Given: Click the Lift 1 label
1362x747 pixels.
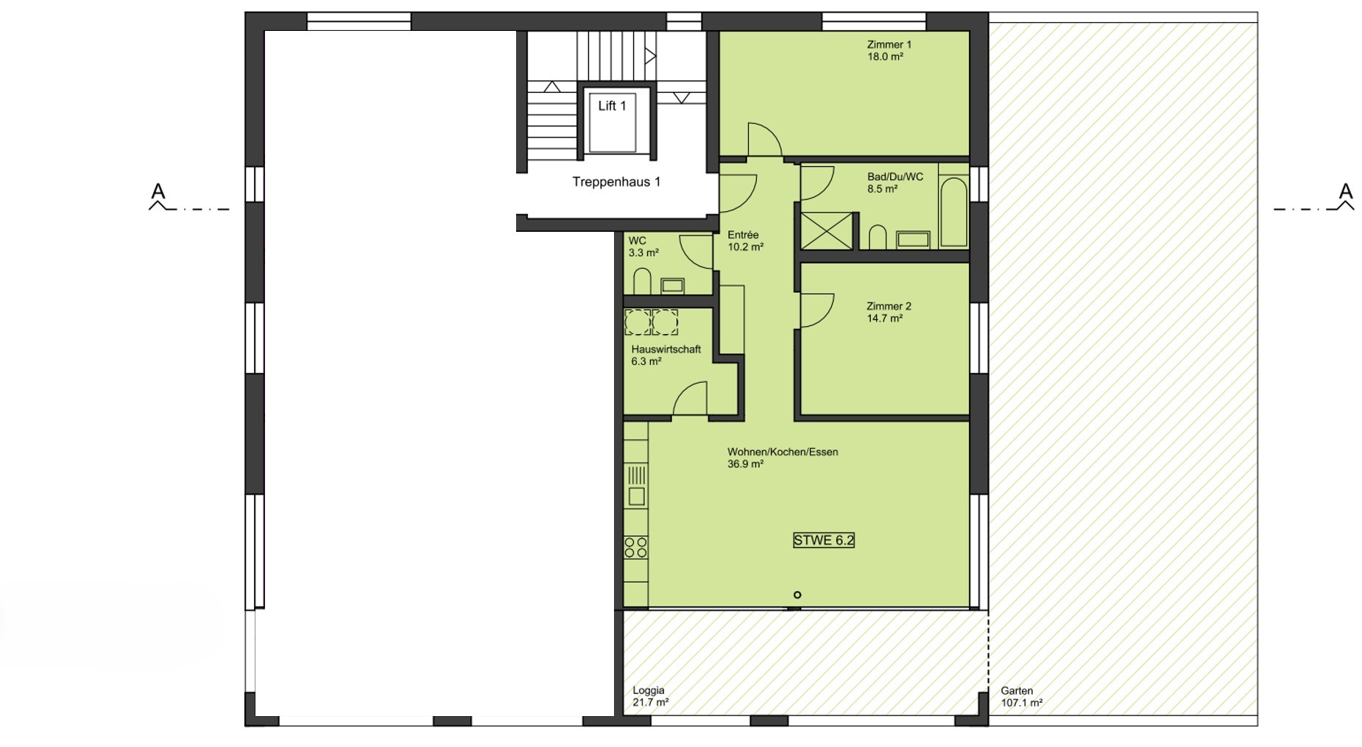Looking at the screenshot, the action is point(612,106).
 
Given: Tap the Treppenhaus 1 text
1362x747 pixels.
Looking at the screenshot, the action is point(616,182).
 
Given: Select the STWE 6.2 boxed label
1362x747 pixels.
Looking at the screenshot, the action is point(823,540).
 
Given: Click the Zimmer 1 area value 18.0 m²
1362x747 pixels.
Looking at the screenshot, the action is point(885,57).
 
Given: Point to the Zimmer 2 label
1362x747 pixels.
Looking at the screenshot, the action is point(889,306).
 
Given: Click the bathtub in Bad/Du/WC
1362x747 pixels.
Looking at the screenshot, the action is point(953,211).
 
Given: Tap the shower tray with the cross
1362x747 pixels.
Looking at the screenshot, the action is point(827,230).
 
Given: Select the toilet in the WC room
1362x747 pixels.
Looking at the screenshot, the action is point(642,281).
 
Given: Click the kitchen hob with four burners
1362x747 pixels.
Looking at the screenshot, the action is point(636,548).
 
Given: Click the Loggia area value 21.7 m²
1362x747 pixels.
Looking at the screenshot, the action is point(651,703).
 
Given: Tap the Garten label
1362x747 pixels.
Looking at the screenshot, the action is point(1017,691).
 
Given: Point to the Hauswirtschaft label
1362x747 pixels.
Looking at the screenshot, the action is point(666,350).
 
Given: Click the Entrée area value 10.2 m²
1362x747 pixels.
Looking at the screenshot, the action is point(745,247).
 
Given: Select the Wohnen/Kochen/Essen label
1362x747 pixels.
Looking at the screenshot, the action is point(783,452).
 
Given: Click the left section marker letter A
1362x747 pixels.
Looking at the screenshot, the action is point(158,191).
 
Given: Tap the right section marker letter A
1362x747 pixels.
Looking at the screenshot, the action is point(1346,191).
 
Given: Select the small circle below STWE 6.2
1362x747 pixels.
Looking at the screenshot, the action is point(797,595).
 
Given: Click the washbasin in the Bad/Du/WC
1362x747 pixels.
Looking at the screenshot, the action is point(913,239).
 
